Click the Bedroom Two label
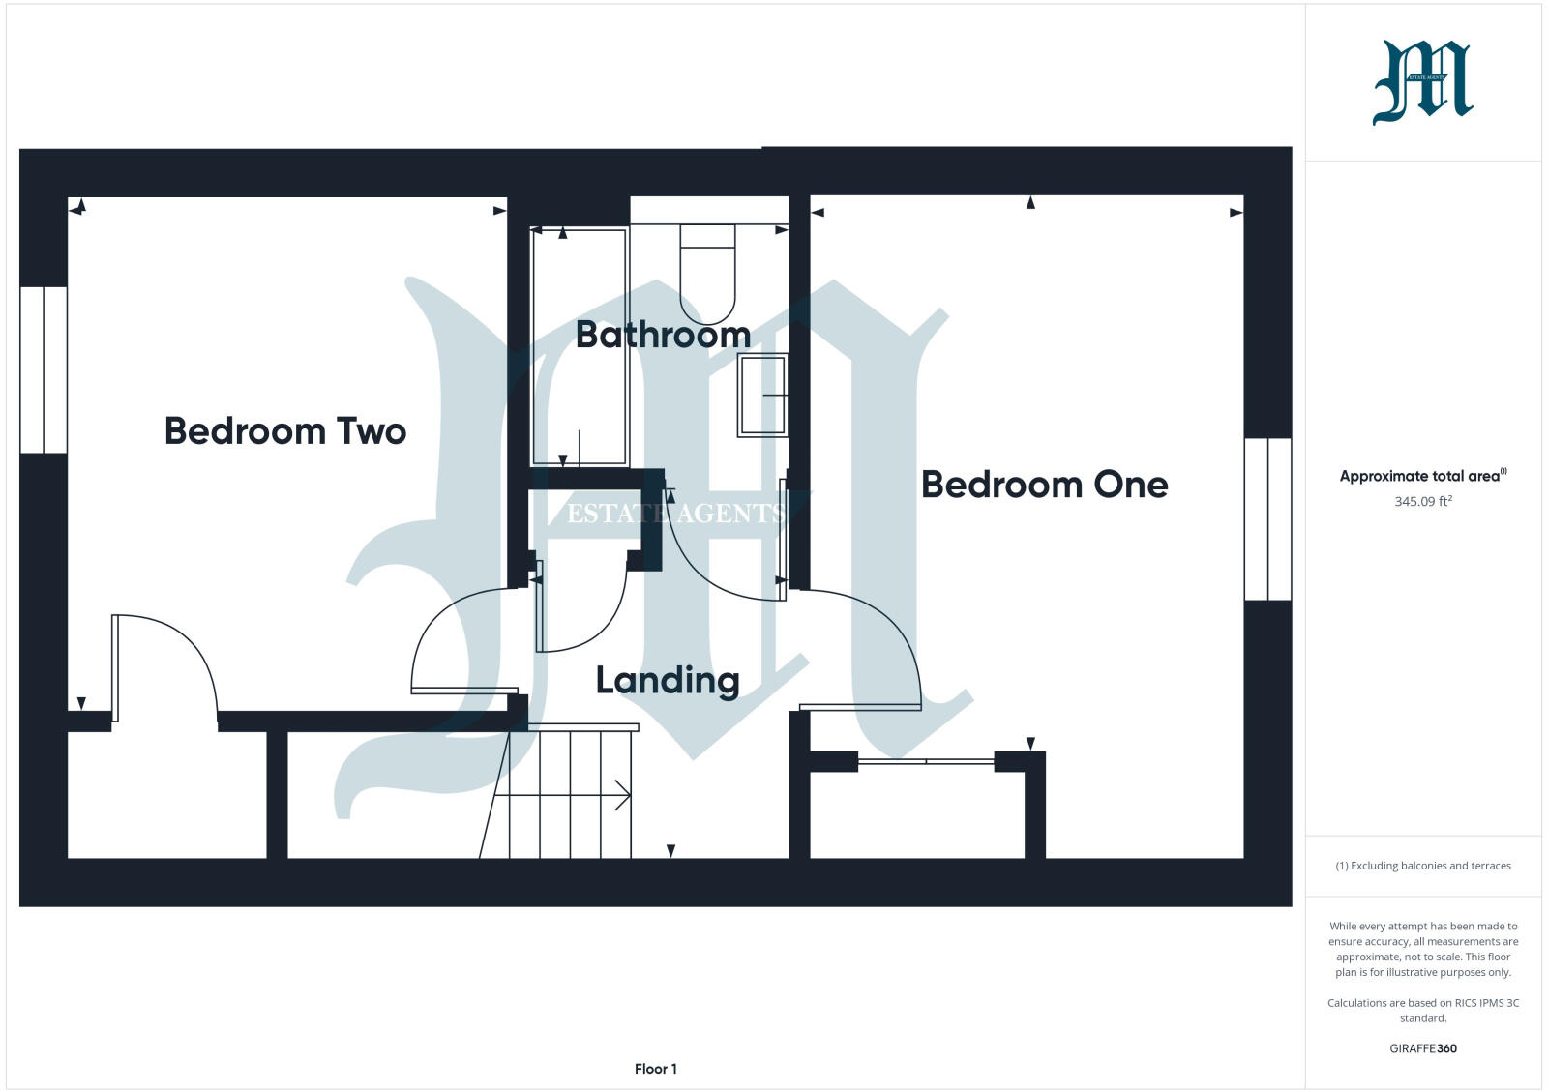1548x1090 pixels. click(x=285, y=431)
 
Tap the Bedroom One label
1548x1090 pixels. click(x=1044, y=485)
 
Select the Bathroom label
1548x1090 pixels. click(x=663, y=335)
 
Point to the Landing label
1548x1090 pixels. click(x=668, y=681)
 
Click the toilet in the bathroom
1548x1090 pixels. click(x=707, y=276)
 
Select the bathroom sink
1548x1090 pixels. click(x=763, y=395)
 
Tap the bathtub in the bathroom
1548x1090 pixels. click(x=580, y=346)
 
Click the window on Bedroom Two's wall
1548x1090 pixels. click(x=44, y=369)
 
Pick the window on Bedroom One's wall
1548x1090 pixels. click(x=1267, y=519)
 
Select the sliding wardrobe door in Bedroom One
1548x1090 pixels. click(x=926, y=762)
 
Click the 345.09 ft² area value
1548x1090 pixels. click(x=1422, y=502)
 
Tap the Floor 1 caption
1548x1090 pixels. click(x=656, y=1069)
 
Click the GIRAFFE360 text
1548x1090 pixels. click(x=1423, y=1048)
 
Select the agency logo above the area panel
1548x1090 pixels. click(x=1422, y=83)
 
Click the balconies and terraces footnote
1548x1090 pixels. click(x=1423, y=866)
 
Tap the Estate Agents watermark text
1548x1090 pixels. click(x=676, y=514)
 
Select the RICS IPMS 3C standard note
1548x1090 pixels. click(x=1423, y=1010)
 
